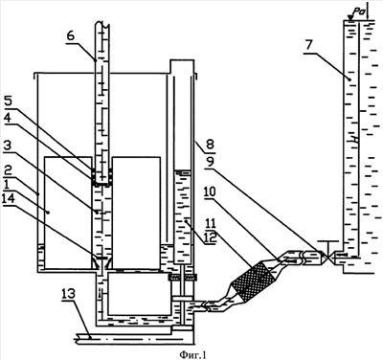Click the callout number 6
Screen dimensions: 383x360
71,35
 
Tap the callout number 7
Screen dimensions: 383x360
308,45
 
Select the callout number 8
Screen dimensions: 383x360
211,143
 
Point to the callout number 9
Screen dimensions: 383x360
210,162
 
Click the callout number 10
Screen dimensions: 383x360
211,192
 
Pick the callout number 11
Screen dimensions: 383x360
211,223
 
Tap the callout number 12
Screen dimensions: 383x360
211,237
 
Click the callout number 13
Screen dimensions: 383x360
70,294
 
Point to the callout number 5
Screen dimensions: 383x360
8,101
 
